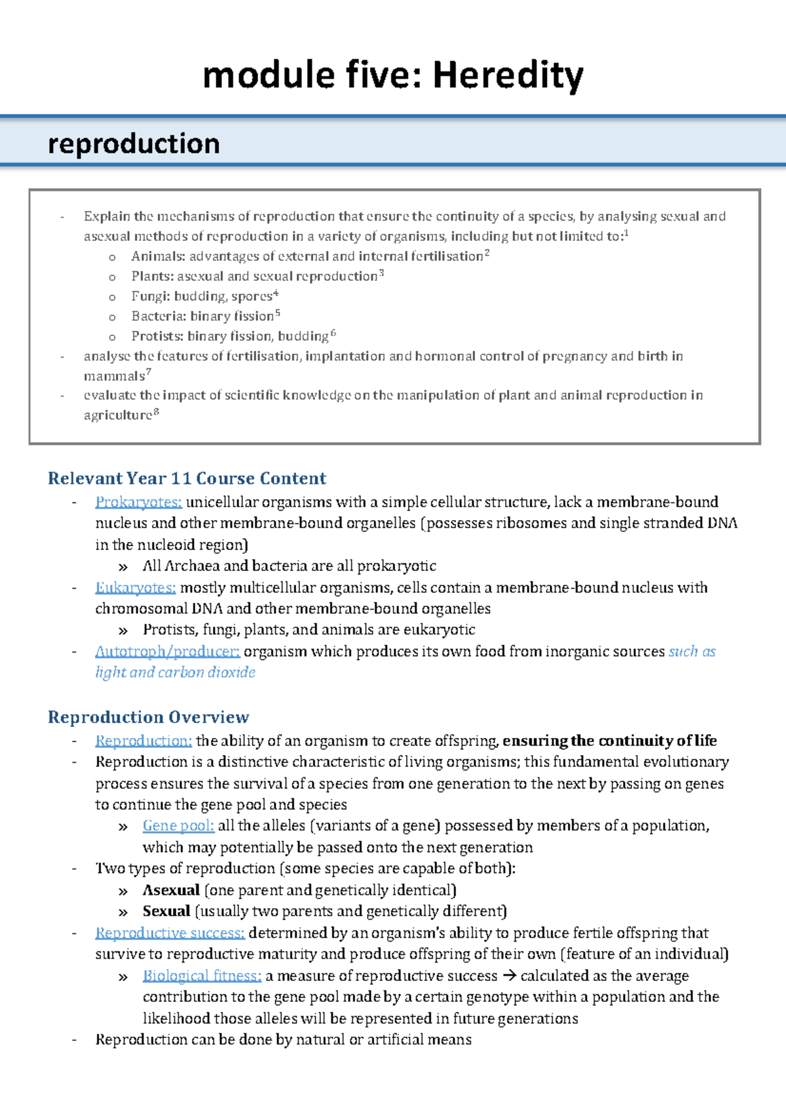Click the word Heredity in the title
(508, 75)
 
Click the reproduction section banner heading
(134, 143)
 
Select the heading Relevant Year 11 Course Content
(187, 478)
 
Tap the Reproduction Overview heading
(148, 717)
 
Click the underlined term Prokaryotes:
(138, 502)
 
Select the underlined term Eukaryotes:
(135, 587)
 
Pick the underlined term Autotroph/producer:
(167, 652)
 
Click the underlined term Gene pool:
(178, 826)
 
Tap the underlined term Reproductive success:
(170, 933)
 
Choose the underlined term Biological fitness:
(202, 976)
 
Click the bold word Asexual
(171, 890)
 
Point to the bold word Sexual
(166, 912)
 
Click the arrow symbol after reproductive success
(509, 976)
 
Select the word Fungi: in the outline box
(150, 297)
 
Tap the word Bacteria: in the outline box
(158, 316)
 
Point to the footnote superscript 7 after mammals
(149, 372)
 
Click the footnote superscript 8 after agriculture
(156, 412)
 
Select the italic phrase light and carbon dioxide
(175, 673)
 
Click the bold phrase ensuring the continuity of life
(609, 741)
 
